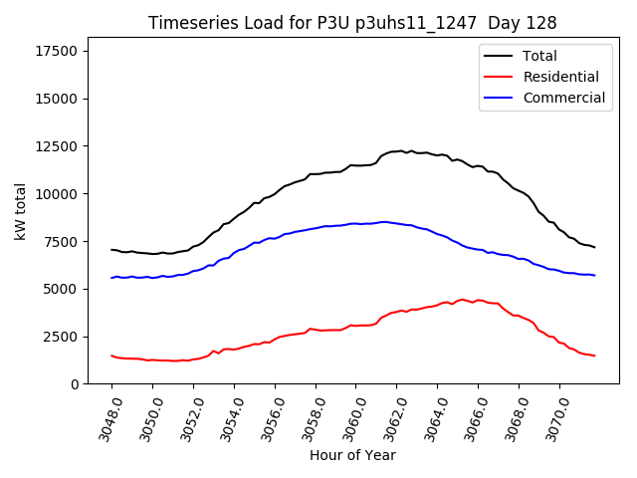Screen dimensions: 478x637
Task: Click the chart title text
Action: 352,22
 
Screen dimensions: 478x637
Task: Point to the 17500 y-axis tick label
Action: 58,52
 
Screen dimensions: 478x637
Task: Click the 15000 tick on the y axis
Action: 58,100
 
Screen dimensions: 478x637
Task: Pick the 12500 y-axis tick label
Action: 58,146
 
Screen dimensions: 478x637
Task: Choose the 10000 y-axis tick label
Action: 58,194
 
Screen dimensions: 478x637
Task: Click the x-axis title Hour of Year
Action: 352,455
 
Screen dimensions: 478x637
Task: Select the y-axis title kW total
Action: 20,211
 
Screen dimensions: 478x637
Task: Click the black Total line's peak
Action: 400,150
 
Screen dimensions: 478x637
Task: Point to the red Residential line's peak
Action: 462,299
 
